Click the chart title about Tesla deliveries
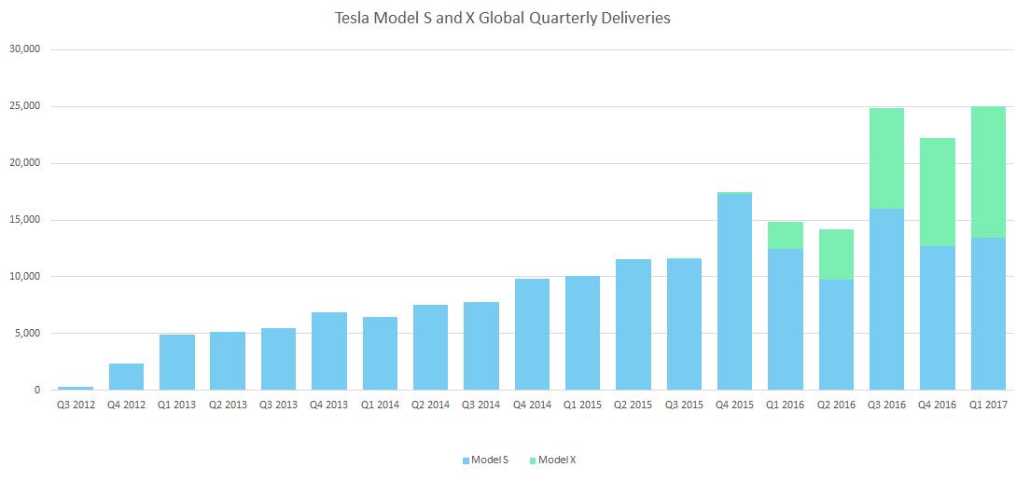[503, 19]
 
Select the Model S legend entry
[485, 460]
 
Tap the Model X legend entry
[552, 460]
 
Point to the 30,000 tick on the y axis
[27, 49]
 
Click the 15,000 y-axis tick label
[27, 220]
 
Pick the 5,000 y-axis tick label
[29, 334]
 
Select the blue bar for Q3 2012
[76, 389]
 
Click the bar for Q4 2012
[126, 377]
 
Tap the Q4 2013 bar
[329, 351]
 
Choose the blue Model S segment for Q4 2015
[734, 292]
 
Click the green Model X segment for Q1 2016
[785, 236]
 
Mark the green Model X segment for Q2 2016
[836, 254]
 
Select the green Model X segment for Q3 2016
[887, 158]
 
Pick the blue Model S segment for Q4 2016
[938, 318]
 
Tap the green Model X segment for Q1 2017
[988, 172]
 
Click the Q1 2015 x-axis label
[583, 405]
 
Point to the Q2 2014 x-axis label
[431, 405]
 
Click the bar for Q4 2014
[532, 335]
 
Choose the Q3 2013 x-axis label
[279, 405]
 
